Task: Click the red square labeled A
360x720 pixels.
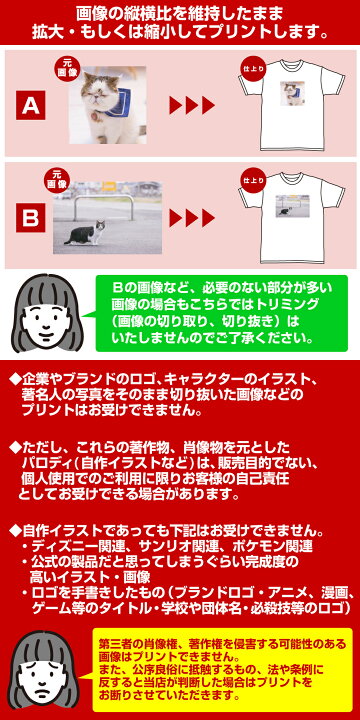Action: (x=31, y=105)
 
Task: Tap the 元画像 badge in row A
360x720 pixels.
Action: (x=68, y=68)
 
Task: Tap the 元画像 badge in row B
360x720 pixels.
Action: (x=57, y=180)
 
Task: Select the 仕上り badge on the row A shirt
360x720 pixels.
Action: (x=253, y=69)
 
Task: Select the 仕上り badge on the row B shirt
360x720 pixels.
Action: (x=253, y=180)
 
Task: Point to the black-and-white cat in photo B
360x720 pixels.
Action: (x=86, y=232)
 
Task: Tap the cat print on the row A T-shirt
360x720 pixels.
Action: (x=291, y=94)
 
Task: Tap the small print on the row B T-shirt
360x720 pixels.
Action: (x=292, y=206)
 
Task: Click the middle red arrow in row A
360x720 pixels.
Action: (x=192, y=105)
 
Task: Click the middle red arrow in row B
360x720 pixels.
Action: (x=192, y=218)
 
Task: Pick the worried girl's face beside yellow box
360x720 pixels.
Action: (x=44, y=675)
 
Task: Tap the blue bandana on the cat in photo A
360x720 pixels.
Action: (x=118, y=102)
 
